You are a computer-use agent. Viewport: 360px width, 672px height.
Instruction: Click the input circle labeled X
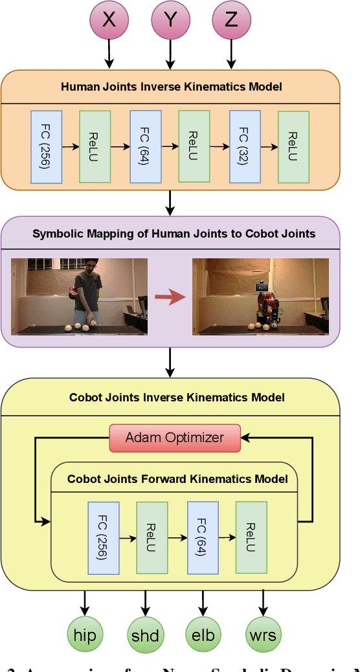pyautogui.click(x=109, y=20)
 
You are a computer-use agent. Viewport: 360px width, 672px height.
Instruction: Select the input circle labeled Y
pyautogui.click(x=170, y=20)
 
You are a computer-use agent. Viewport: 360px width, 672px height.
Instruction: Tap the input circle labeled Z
pyautogui.click(x=231, y=20)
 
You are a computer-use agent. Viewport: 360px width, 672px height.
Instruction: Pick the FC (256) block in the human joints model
pyautogui.click(x=46, y=146)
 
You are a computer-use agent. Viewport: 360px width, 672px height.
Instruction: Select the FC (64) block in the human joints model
pyautogui.click(x=145, y=146)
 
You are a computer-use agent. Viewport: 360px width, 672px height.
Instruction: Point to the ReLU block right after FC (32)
pyautogui.click(x=293, y=146)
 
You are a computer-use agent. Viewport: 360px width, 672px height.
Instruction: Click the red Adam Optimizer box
pyautogui.click(x=174, y=437)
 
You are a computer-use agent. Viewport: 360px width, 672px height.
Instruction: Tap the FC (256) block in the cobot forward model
pyautogui.click(x=103, y=537)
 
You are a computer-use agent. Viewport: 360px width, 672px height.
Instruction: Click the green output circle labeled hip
pyautogui.click(x=85, y=634)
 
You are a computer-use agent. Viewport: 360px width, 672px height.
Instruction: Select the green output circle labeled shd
pyautogui.click(x=144, y=634)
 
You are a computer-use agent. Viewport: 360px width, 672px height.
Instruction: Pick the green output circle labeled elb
pyautogui.click(x=203, y=634)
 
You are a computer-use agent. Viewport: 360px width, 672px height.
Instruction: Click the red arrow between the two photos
pyautogui.click(x=170, y=297)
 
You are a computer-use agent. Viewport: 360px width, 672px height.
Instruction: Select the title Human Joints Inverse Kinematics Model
pyautogui.click(x=171, y=86)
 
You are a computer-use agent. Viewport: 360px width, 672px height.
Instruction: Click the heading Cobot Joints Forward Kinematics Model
pyautogui.click(x=177, y=479)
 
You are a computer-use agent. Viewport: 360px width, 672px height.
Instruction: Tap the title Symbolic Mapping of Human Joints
pyautogui.click(x=174, y=234)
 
